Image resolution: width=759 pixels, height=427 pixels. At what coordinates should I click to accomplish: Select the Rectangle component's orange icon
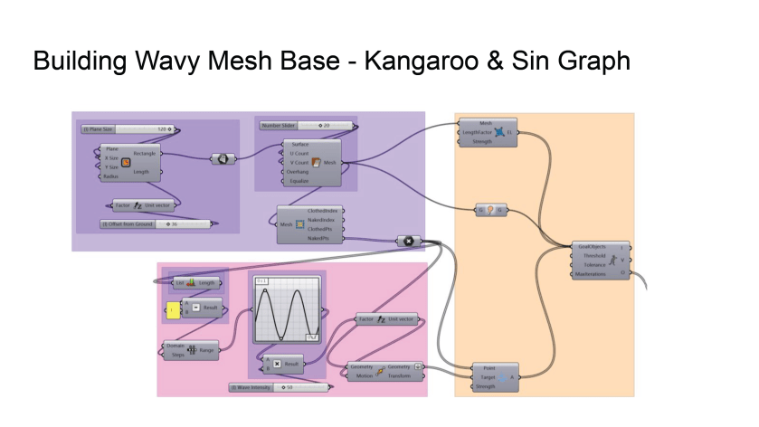(126, 163)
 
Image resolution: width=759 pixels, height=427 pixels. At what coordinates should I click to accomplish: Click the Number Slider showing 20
(307, 125)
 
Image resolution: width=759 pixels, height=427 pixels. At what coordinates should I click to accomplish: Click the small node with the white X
(408, 241)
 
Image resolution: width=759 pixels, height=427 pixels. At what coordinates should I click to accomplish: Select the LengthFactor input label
(479, 131)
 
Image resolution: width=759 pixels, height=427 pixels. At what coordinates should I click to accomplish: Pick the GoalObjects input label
(591, 246)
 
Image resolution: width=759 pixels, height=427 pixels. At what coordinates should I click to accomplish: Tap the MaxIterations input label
(591, 274)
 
